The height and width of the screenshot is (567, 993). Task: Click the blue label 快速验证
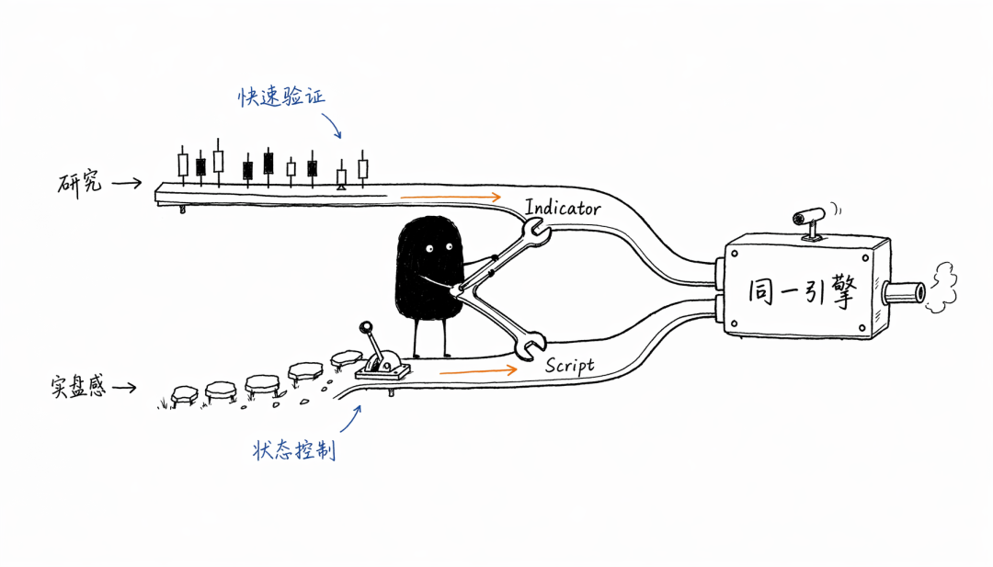point(281,96)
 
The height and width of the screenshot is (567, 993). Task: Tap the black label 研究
point(79,184)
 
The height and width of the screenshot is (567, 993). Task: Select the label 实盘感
point(78,386)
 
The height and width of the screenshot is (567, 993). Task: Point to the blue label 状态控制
point(294,450)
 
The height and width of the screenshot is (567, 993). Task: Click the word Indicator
point(563,208)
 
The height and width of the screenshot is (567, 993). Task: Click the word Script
point(570,365)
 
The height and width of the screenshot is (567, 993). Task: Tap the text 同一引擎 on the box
point(803,291)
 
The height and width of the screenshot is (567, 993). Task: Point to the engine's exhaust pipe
point(904,293)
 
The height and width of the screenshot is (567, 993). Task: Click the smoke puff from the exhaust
point(942,288)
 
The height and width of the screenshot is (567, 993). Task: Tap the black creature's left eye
point(430,249)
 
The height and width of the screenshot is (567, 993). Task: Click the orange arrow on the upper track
point(451,198)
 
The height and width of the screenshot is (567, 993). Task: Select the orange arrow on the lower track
point(479,371)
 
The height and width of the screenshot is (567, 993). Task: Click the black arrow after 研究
point(127,184)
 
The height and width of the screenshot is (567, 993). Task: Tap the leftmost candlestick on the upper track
point(183,165)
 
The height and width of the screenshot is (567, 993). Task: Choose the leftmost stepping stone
point(184,395)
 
